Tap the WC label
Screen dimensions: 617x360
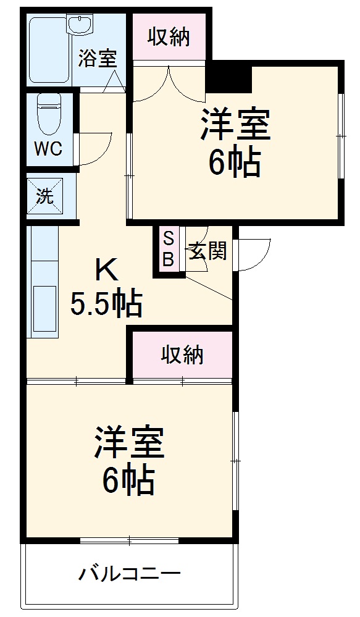tap(48, 149)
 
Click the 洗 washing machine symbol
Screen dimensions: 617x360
tap(44, 197)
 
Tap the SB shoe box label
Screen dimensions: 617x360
tap(168, 248)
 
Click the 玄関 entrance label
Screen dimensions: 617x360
tap(207, 251)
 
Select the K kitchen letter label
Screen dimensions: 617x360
tap(106, 270)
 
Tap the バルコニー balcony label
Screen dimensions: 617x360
tap(129, 574)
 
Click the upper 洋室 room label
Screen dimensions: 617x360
tap(234, 126)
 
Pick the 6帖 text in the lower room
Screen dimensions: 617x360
tap(128, 481)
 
